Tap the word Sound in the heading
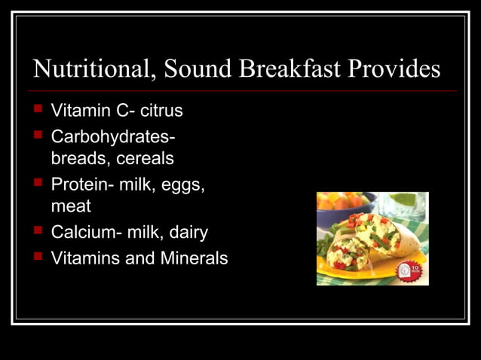(x=198, y=69)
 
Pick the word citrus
(x=161, y=111)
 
